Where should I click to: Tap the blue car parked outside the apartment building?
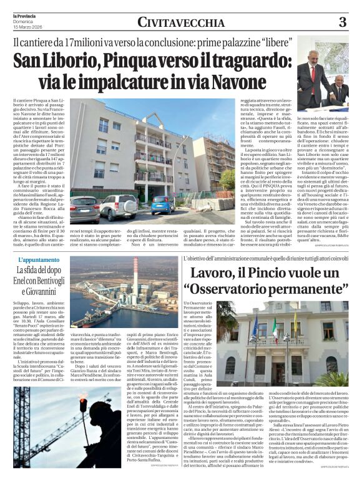163,205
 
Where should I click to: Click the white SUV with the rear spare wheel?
119,206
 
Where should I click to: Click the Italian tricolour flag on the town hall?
274,329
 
